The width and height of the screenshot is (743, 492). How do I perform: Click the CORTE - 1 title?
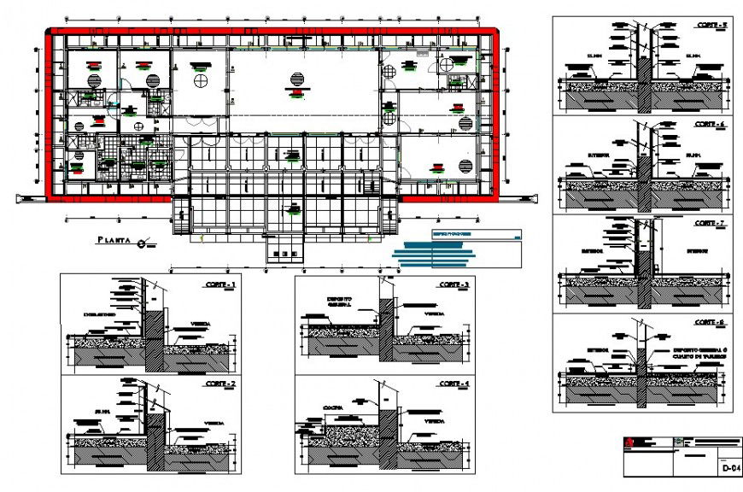tap(219, 284)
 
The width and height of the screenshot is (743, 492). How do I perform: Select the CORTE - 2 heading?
tap(219, 385)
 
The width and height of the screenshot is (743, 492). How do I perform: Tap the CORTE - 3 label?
tap(454, 284)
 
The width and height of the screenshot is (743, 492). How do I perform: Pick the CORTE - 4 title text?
tap(454, 385)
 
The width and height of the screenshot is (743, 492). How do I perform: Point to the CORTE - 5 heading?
tap(711, 25)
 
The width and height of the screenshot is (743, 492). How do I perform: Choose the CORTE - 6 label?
tap(711, 125)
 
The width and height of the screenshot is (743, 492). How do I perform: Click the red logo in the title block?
tap(629, 442)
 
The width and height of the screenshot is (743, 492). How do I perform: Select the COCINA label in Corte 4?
tap(333, 407)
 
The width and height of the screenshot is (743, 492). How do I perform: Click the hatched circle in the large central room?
tap(296, 79)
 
